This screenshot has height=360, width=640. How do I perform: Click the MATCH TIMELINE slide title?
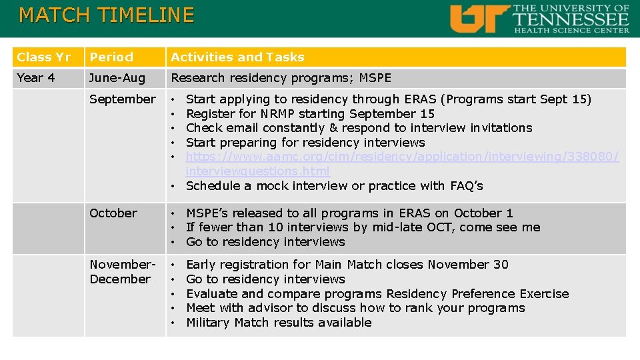point(107,15)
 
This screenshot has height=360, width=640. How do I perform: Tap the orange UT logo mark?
point(479,19)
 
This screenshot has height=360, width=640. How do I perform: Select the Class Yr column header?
point(43,57)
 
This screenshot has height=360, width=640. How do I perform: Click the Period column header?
point(111,57)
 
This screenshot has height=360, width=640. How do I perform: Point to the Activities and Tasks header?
point(237,57)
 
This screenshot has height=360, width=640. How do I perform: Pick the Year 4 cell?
point(35,78)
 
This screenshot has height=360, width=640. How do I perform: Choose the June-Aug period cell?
point(117,78)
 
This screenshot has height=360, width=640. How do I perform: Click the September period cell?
point(123,99)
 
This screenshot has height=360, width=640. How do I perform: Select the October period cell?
point(113,213)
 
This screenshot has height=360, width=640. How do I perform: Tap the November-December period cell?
point(123,272)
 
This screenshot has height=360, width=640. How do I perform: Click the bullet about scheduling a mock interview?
point(334,186)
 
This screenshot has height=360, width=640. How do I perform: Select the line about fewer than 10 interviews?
point(363,228)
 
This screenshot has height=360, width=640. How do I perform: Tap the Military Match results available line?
point(279,323)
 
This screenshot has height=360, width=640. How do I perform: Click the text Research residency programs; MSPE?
point(281,78)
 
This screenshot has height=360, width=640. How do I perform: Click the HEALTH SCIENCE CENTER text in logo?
point(571,29)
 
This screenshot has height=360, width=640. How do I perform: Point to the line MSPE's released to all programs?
point(349,213)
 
